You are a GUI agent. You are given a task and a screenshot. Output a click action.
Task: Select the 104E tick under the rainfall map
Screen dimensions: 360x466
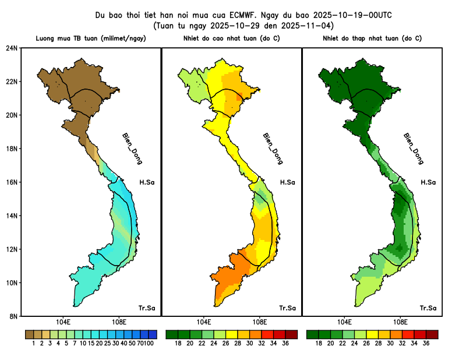63,322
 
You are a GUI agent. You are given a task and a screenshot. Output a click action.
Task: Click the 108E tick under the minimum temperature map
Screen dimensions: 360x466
400,322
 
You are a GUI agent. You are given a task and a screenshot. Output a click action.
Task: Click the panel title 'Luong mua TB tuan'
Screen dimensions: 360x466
91,38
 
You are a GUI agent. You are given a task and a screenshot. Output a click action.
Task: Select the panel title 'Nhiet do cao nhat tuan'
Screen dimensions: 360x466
231,38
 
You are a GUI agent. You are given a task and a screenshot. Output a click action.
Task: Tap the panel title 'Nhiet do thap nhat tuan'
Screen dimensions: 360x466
372,38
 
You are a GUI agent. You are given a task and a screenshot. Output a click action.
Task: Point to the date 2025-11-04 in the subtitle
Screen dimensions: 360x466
308,26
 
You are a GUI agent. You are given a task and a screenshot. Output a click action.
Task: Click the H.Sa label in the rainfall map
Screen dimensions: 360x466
147,182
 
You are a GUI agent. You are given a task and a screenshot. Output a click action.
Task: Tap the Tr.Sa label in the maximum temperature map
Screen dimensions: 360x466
287,308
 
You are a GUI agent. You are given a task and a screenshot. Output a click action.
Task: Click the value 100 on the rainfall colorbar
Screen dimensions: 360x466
149,344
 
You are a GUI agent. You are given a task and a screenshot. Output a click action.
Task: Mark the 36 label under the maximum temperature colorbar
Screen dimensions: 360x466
285,344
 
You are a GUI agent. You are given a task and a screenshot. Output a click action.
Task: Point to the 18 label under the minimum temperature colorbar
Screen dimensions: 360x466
319,344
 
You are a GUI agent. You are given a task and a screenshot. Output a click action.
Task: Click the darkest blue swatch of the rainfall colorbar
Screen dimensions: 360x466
153,334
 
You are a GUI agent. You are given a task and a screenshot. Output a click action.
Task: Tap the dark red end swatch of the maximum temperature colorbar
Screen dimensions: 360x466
292,334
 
